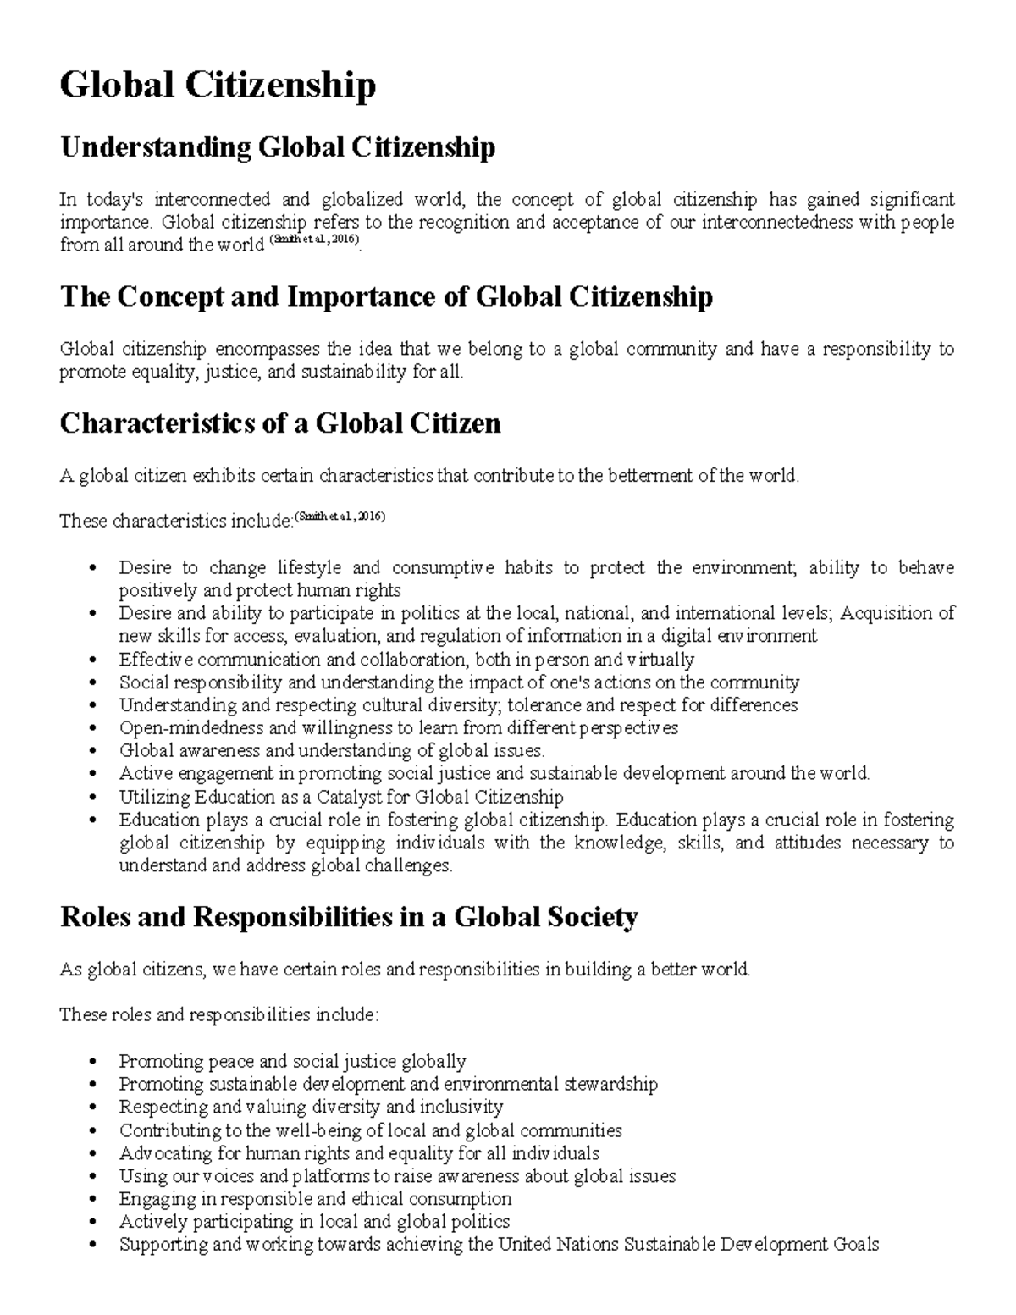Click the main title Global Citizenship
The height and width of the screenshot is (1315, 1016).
218,86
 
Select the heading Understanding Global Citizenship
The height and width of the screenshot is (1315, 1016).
277,148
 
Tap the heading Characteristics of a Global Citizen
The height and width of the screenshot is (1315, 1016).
280,423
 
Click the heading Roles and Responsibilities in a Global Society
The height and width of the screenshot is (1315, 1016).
348,917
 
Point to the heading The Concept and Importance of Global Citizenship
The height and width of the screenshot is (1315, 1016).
386,297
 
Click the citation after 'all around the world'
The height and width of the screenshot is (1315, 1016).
314,242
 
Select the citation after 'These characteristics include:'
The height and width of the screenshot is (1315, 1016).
340,517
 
